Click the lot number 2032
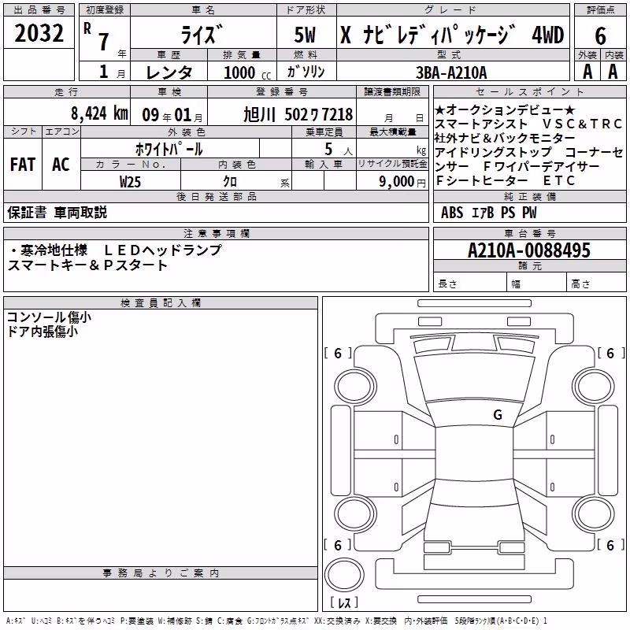[x=39, y=33]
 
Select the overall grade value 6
[x=600, y=35]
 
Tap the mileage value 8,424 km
[x=99, y=113]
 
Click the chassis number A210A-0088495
[x=529, y=250]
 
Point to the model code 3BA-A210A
[x=451, y=72]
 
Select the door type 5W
[x=305, y=35]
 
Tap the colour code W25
[x=130, y=182]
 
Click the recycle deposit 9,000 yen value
[x=402, y=182]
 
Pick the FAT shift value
[x=23, y=165]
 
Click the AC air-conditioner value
[x=61, y=165]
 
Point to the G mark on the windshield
[x=498, y=414]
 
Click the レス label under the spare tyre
[x=344, y=602]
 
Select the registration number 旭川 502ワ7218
[x=298, y=114]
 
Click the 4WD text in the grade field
[x=547, y=35]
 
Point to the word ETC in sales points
[x=558, y=181]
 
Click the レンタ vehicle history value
[x=169, y=72]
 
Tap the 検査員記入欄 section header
[x=161, y=302]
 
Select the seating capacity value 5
[x=328, y=149]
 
